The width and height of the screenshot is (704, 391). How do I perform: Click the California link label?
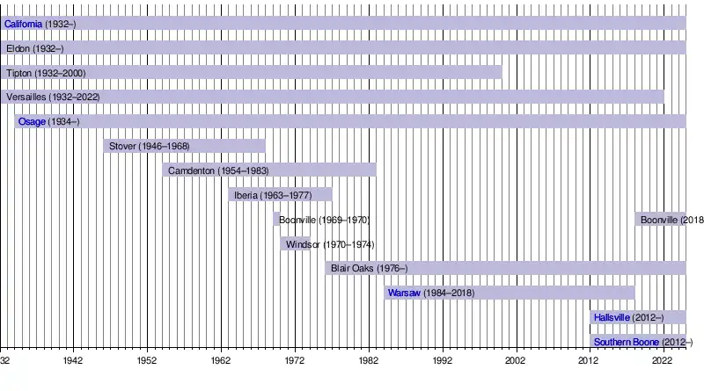pos(23,24)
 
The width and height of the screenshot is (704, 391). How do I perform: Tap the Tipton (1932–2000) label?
pos(45,73)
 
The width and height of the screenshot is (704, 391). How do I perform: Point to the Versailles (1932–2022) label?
pos(53,97)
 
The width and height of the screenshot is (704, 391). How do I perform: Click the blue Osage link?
pos(32,121)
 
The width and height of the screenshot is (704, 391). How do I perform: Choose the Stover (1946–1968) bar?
pos(184,146)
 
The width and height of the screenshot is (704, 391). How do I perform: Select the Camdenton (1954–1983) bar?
pos(268,170)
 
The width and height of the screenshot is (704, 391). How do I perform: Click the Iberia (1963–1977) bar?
pos(280,195)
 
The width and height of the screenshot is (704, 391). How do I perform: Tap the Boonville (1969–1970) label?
pos(324,220)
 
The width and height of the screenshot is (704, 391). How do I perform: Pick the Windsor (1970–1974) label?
pos(330,244)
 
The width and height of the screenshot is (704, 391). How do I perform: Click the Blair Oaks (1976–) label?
pos(369,268)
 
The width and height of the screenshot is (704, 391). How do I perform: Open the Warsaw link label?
pos(404,293)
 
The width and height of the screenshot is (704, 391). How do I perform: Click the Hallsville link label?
pos(612,317)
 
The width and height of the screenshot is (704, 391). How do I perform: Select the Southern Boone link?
pos(626,342)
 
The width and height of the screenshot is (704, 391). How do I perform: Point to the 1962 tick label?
pos(220,361)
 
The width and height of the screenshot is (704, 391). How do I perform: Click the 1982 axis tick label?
pos(368,361)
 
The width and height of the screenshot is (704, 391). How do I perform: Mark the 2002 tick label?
pos(515,361)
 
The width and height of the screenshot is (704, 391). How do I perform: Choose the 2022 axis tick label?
pos(663,361)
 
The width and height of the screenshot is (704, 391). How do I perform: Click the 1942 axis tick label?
pos(73,361)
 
